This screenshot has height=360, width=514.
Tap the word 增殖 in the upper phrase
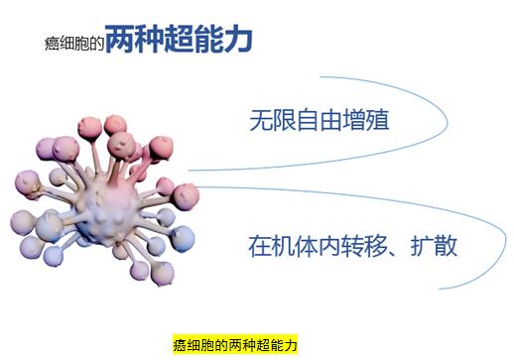click(x=365, y=123)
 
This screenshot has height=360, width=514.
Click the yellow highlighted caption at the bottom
click(x=236, y=344)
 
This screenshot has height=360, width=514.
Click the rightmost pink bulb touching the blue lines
click(x=187, y=194)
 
